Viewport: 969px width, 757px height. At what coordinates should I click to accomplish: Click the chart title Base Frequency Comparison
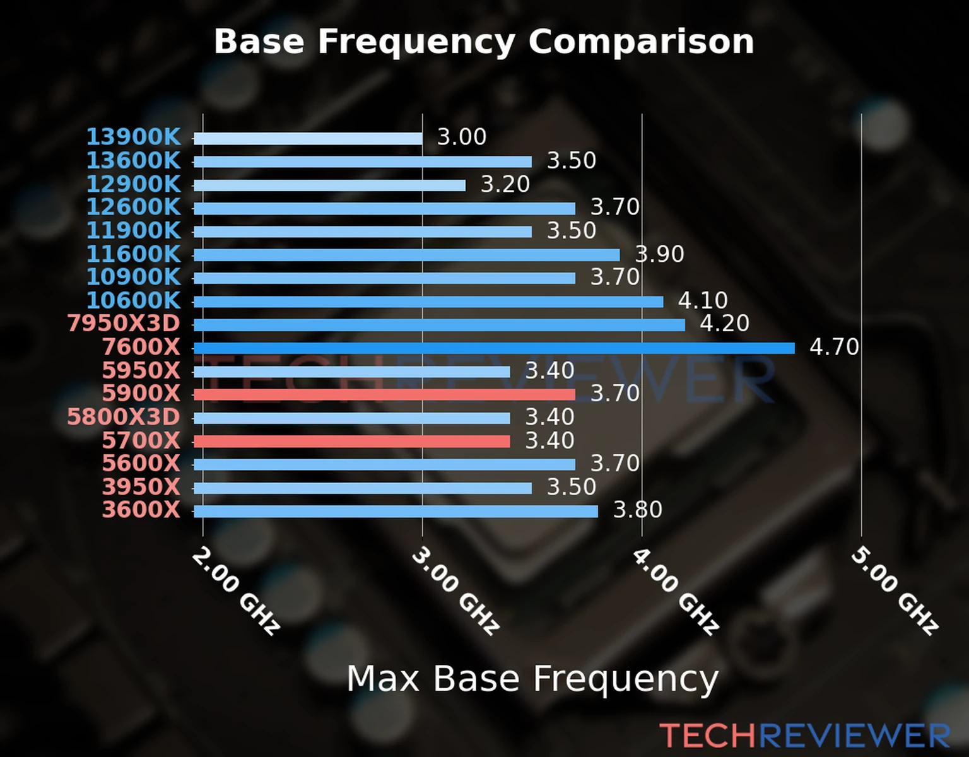[484, 42]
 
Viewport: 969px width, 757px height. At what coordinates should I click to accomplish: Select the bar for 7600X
[494, 348]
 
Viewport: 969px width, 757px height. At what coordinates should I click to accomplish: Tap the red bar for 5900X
[384, 394]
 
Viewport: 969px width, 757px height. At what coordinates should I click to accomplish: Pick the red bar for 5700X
[351, 441]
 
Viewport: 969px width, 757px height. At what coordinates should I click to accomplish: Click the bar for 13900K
[308, 138]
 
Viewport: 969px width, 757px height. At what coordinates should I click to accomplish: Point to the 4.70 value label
[834, 347]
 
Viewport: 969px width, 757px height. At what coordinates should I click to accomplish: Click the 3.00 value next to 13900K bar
[462, 137]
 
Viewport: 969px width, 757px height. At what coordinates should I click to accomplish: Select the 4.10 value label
[703, 300]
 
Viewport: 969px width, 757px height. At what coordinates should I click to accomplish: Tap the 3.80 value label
[638, 510]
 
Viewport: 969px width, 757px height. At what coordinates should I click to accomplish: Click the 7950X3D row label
[124, 324]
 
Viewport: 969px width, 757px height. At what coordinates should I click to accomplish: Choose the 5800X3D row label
[124, 417]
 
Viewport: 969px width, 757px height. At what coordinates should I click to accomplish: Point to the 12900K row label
[133, 184]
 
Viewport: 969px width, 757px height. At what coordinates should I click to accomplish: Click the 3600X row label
[141, 510]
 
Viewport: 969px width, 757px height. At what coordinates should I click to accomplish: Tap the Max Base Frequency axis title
[532, 679]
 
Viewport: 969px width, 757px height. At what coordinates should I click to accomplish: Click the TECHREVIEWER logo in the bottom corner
[805, 736]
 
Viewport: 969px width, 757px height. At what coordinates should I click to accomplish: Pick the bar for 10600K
[428, 302]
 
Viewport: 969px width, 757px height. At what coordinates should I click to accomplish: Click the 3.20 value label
[505, 184]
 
